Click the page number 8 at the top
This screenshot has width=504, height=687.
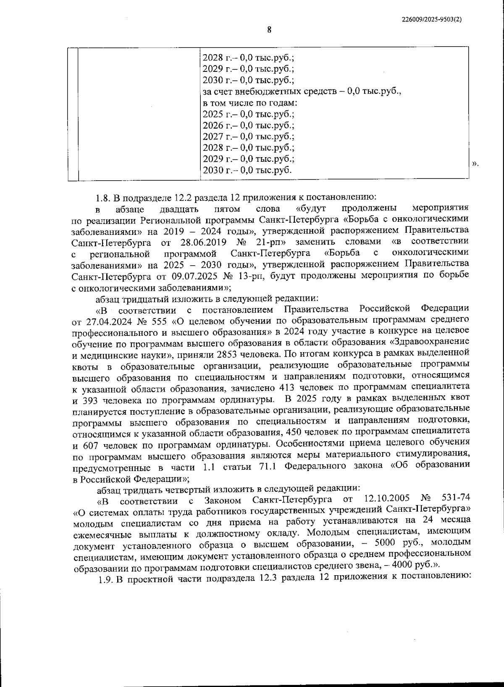pyautogui.click(x=269, y=30)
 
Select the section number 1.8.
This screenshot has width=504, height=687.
pyautogui.click(x=103, y=197)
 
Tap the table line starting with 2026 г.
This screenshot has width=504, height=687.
pyautogui.click(x=248, y=126)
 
